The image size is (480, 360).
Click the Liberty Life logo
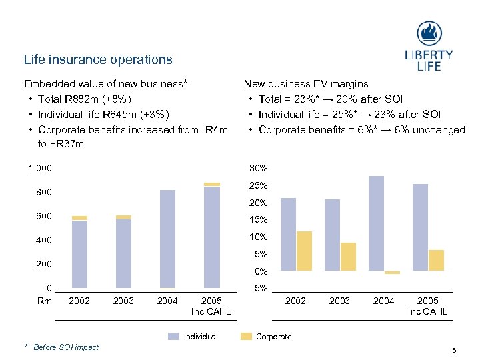[429, 45]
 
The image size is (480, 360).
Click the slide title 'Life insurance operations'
[98, 59]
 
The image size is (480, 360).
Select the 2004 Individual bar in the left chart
[167, 239]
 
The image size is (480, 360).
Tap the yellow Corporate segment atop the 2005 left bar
[212, 184]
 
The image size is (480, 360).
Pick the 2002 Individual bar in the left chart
[79, 254]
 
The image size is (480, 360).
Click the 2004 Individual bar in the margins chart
[376, 223]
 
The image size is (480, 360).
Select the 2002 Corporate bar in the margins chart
[304, 251]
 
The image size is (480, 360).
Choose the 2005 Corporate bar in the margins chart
[436, 260]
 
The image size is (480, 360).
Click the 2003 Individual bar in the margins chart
[332, 235]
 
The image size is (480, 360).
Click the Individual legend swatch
[173, 337]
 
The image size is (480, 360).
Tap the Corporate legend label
[273, 337]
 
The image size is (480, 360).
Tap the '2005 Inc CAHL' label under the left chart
[211, 306]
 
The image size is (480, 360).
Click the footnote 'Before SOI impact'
[66, 347]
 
